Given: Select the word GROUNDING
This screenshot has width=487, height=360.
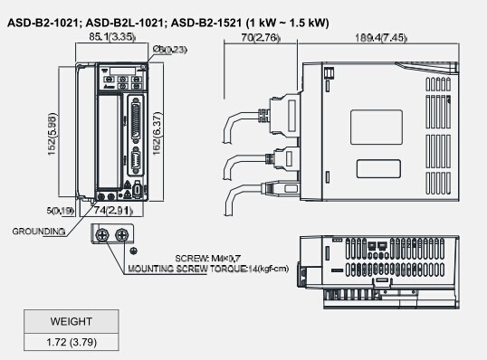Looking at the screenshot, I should point(38,231).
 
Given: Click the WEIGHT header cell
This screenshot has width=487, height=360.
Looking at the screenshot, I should point(71,321).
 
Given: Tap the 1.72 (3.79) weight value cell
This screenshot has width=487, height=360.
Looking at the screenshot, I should point(71,341).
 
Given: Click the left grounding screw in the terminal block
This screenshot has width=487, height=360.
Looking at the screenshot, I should point(101,234).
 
